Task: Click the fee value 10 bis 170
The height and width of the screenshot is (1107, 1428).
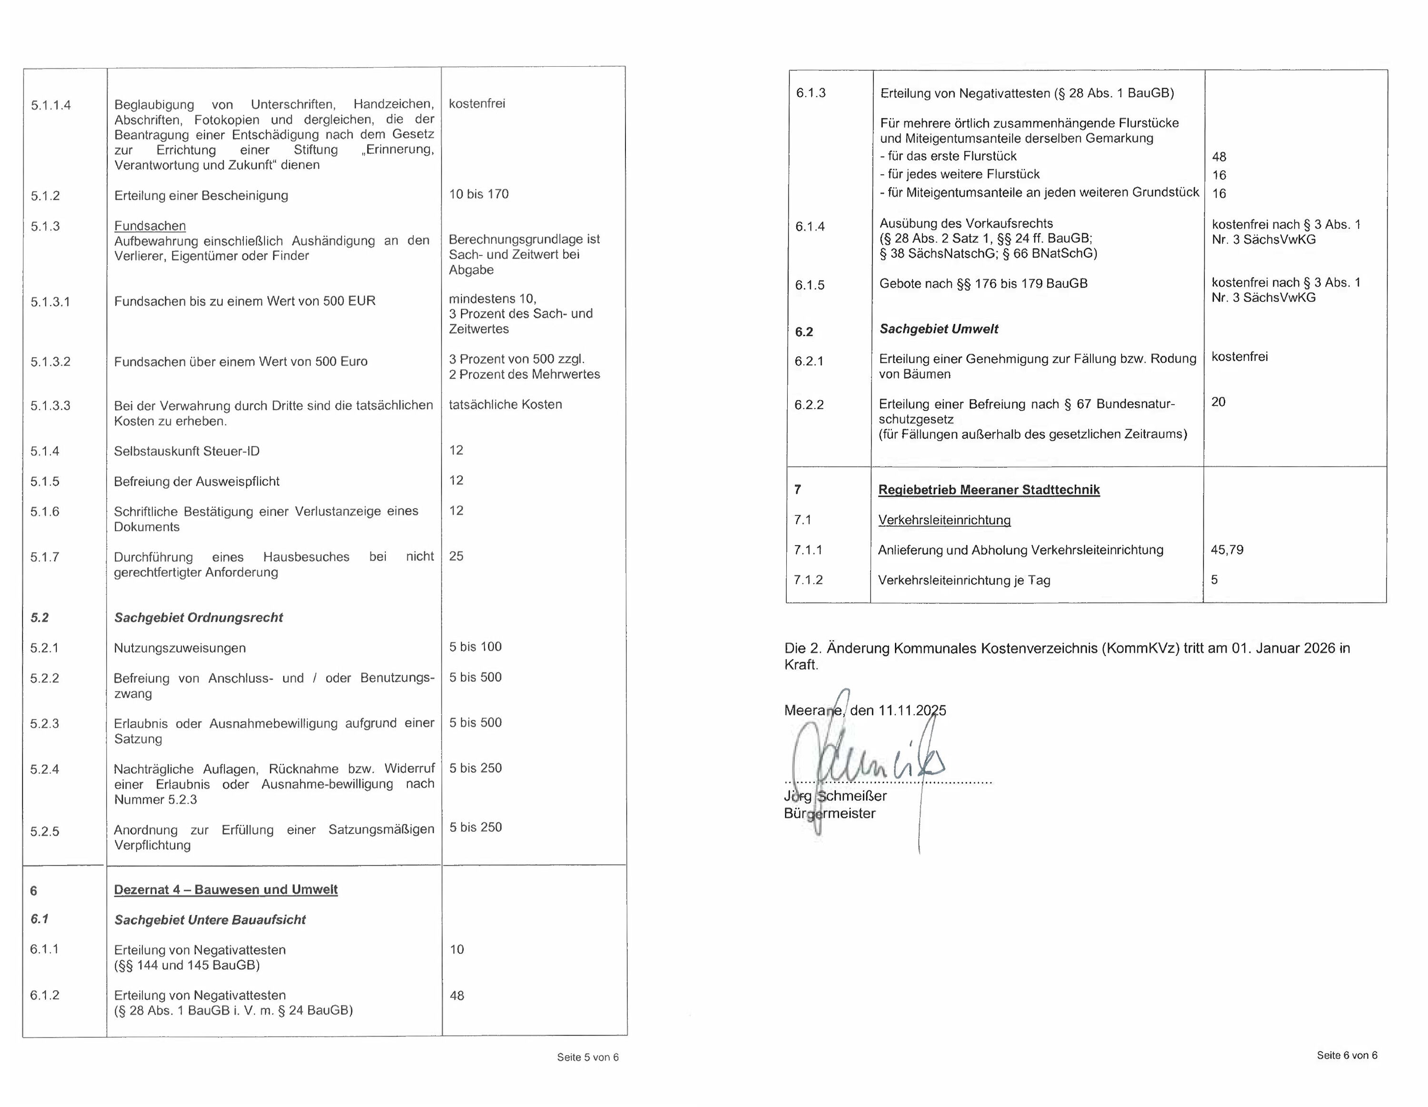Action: click(x=478, y=194)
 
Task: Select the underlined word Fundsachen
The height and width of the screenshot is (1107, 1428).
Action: click(x=150, y=226)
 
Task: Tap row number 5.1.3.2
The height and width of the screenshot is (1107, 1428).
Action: click(x=50, y=362)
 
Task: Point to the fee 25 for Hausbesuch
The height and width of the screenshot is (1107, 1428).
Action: click(x=456, y=556)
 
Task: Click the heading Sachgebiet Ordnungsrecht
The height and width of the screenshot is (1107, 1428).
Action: click(x=198, y=617)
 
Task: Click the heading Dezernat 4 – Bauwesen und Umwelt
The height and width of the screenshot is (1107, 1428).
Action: click(x=226, y=889)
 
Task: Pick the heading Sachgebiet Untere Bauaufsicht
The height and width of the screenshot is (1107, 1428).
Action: click(x=210, y=919)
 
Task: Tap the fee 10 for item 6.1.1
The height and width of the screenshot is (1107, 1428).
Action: click(x=457, y=949)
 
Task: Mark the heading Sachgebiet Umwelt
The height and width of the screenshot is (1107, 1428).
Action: click(x=938, y=329)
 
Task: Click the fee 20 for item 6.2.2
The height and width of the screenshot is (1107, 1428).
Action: click(x=1219, y=402)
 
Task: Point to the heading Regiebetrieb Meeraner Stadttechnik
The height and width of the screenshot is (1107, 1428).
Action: click(x=989, y=490)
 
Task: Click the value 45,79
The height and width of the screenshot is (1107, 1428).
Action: click(x=1227, y=550)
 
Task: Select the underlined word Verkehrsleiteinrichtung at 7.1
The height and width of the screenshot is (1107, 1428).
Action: click(x=944, y=520)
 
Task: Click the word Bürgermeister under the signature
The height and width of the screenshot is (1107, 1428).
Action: click(x=830, y=813)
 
